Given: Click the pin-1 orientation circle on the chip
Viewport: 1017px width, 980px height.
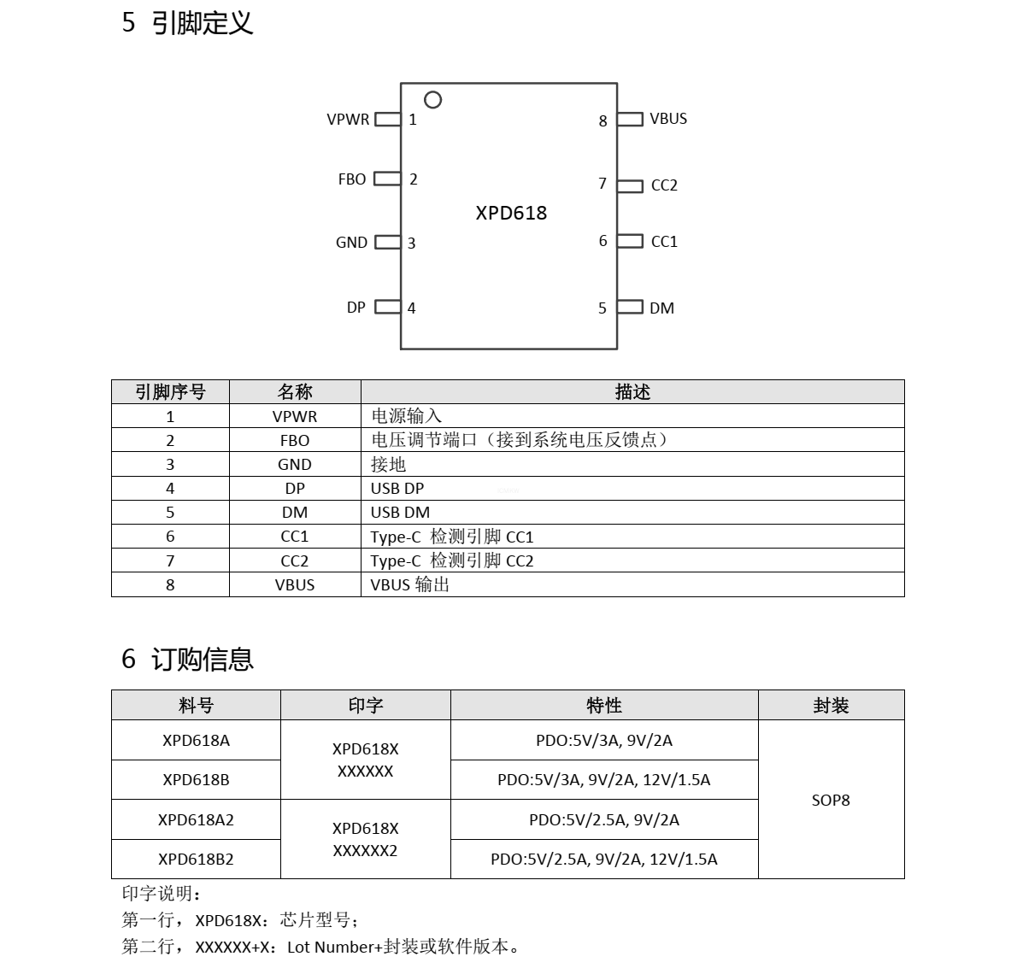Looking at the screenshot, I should [433, 100].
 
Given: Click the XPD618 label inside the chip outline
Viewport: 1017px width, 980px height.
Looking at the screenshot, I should [511, 213].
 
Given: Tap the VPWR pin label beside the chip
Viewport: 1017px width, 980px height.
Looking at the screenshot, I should [348, 120].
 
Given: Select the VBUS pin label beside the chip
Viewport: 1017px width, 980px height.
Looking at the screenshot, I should [668, 119].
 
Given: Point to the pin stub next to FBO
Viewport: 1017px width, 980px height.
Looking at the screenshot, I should [387, 179].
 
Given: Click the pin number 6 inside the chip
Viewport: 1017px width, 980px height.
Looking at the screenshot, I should [603, 241].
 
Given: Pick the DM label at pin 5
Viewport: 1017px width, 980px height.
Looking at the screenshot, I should [661, 308].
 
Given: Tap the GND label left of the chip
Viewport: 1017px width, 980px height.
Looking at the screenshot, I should [351, 243].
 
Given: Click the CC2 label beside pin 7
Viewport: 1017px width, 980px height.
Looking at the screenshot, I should [664, 185].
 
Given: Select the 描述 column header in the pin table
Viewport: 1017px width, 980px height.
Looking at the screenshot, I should [632, 392].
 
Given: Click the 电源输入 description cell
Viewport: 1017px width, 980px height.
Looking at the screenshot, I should [407, 416].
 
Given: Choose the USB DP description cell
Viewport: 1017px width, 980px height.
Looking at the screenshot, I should [397, 489].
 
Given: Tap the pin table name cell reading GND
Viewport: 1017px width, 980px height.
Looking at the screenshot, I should [295, 465].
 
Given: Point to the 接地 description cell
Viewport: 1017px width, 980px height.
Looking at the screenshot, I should [388, 465].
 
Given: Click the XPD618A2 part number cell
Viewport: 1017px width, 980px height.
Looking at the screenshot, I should [196, 820].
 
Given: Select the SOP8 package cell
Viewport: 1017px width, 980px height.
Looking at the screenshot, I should [831, 801].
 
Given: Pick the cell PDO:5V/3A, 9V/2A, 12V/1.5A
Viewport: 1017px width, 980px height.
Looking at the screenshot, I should [604, 780].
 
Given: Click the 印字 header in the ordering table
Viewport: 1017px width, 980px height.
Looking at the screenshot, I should [366, 706].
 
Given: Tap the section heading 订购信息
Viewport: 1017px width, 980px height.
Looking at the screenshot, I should [203, 660].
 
